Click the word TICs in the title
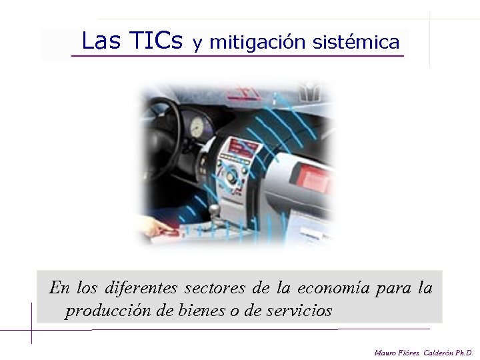(157, 42)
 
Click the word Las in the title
(101, 42)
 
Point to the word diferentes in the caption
(141, 289)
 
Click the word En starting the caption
(59, 289)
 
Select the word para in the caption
(393, 289)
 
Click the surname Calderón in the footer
(437, 352)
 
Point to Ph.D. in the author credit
(464, 352)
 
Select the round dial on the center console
(231, 177)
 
